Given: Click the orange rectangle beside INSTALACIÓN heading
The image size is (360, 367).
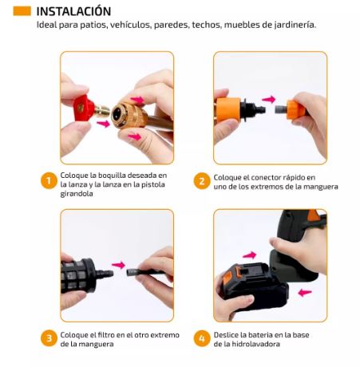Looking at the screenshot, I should pos(22,11).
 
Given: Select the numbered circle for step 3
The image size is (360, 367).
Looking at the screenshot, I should pos(48,339).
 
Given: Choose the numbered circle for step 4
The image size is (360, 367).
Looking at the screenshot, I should pos(201,339).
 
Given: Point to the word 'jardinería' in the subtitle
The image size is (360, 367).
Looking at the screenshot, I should pos(291,25).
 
